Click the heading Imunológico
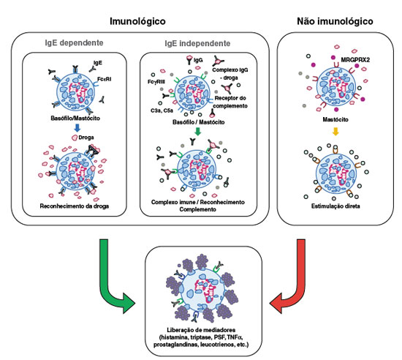pyautogui.click(x=137, y=21)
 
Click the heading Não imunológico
pyautogui.click(x=335, y=21)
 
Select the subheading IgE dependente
pyautogui.click(x=74, y=42)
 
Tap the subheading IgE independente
pyautogui.click(x=197, y=43)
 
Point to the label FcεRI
pyautogui.click(x=104, y=79)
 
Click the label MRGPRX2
pyautogui.click(x=355, y=60)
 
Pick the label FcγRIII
pyautogui.click(x=156, y=82)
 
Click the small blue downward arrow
pyautogui.click(x=77, y=128)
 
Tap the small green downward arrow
pyautogui.click(x=197, y=132)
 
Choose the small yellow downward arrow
pyautogui.click(x=335, y=132)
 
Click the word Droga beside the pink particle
pyautogui.click(x=86, y=138)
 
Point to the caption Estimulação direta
pyautogui.click(x=335, y=206)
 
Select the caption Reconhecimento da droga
pyautogui.click(x=75, y=206)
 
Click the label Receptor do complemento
pyautogui.click(x=230, y=102)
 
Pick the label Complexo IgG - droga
pyautogui.click(x=230, y=74)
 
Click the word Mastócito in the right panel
pyautogui.click(x=335, y=119)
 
